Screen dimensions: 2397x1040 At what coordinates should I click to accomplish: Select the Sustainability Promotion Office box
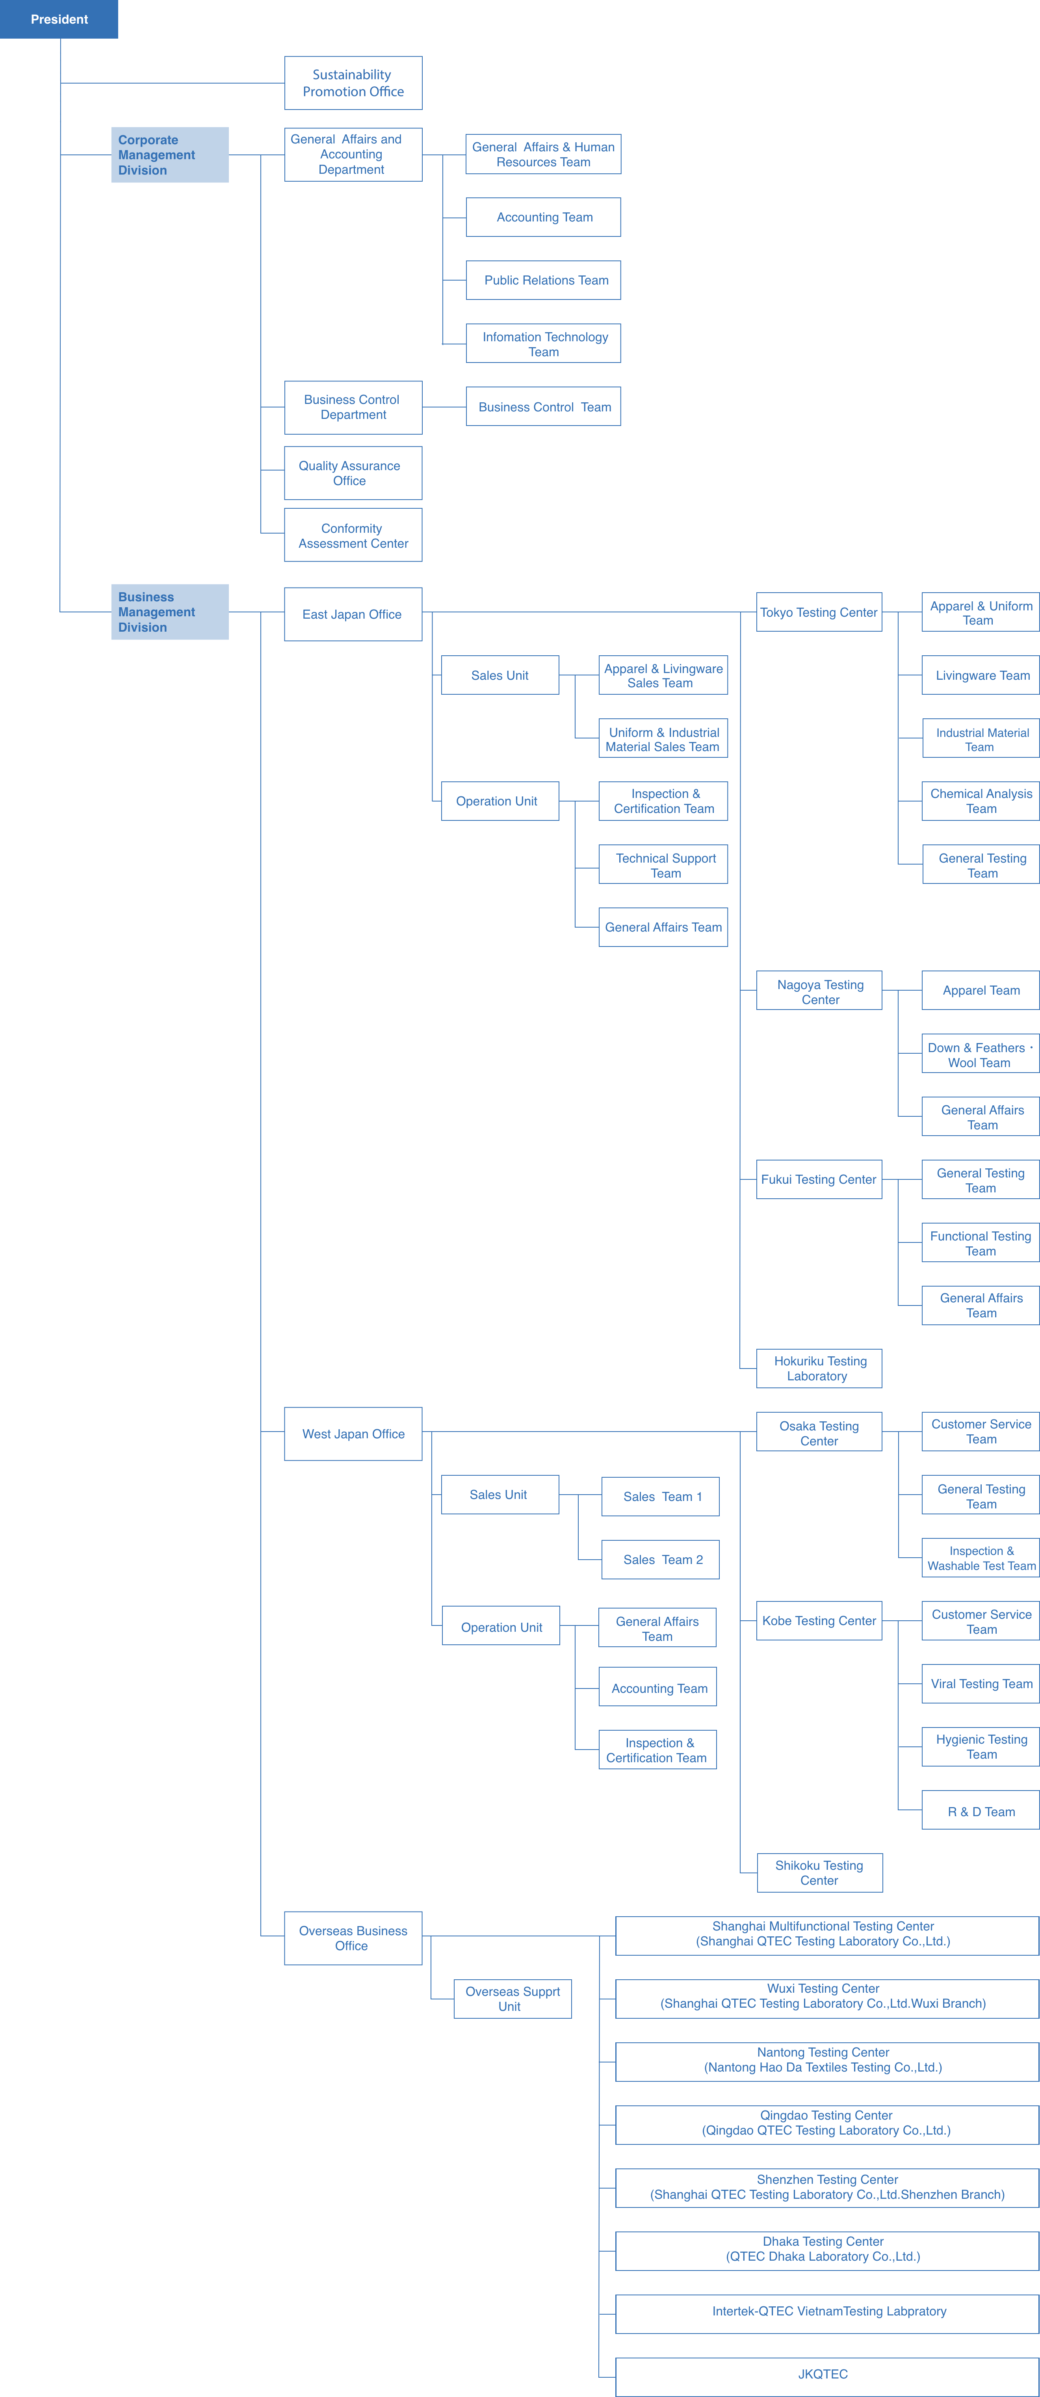(x=353, y=83)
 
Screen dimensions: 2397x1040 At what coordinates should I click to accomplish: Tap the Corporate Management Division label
(x=169, y=154)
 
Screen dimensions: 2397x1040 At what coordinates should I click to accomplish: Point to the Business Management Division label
(x=169, y=611)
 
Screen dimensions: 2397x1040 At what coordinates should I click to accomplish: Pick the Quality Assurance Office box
(x=353, y=473)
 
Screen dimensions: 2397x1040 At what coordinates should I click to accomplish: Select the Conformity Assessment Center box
(x=353, y=535)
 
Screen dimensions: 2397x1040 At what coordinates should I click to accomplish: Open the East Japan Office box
(x=353, y=614)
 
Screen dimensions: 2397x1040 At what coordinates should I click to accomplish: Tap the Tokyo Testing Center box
(x=819, y=612)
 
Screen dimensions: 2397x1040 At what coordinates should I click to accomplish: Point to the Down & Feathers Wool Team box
(x=981, y=1054)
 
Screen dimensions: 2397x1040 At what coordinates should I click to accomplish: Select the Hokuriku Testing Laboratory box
(x=819, y=1368)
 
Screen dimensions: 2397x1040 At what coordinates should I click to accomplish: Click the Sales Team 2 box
(x=661, y=1560)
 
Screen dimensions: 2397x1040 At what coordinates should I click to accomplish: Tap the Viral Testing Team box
(x=981, y=1683)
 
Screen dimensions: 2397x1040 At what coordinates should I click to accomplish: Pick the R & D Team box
(x=981, y=1811)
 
